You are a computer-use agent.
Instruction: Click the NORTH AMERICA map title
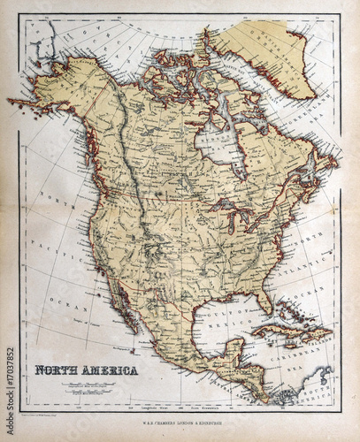pyautogui.click(x=87, y=370)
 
